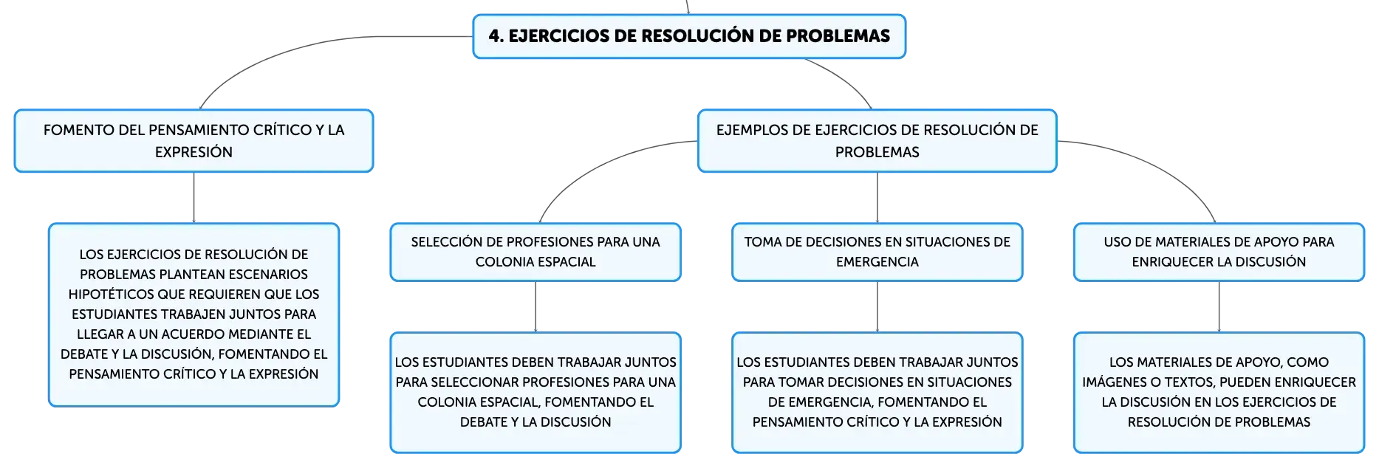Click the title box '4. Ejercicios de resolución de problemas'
pos(689,36)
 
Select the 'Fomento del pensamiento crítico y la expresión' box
pos(194,141)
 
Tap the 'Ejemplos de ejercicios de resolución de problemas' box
pos(877,141)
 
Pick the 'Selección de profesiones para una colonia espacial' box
pos(535,252)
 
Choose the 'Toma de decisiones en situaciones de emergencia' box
pos(877,252)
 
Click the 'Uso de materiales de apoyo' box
pos(1219,252)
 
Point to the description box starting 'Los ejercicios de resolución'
pos(194,314)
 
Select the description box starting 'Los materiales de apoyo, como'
pos(1219,392)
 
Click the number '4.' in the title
pos(496,36)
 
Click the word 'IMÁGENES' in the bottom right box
pos(1113,382)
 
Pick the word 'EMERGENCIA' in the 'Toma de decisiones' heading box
pos(877,262)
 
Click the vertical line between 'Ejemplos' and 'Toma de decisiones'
pos(877,198)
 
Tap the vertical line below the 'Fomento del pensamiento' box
pos(194,198)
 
